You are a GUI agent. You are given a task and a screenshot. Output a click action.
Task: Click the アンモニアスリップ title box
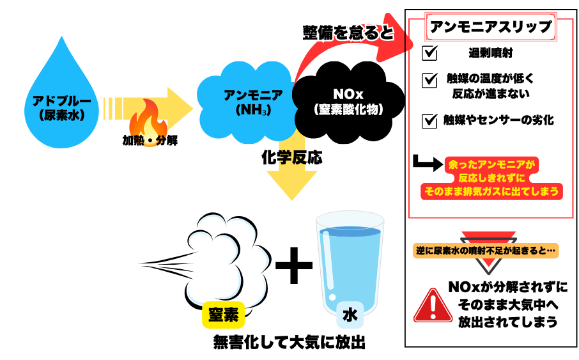pos(491,27)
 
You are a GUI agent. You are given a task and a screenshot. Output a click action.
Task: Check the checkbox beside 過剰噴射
pos(430,52)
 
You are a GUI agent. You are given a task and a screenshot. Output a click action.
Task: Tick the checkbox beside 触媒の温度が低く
pos(430,81)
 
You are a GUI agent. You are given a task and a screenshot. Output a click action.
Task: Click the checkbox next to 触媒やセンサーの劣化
pos(430,120)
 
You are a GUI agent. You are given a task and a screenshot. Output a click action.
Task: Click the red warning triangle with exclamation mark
pos(433,306)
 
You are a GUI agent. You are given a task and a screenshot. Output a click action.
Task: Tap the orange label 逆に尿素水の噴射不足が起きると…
pos(486,251)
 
